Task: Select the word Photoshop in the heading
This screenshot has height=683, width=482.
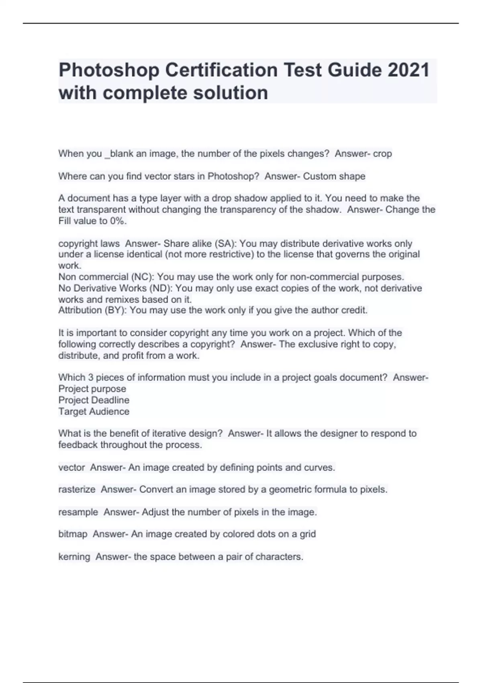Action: [109, 71]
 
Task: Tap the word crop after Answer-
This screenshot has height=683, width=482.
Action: [382, 154]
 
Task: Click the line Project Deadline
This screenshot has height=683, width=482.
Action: [94, 400]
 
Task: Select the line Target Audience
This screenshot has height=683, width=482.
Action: [94, 411]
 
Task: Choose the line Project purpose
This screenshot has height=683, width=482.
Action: [92, 389]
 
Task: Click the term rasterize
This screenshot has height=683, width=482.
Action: [77, 490]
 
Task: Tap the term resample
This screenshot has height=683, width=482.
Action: [78, 512]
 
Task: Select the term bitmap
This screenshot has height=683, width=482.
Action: [73, 534]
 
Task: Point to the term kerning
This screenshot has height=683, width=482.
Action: [74, 557]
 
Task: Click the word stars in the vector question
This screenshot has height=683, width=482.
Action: [183, 176]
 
